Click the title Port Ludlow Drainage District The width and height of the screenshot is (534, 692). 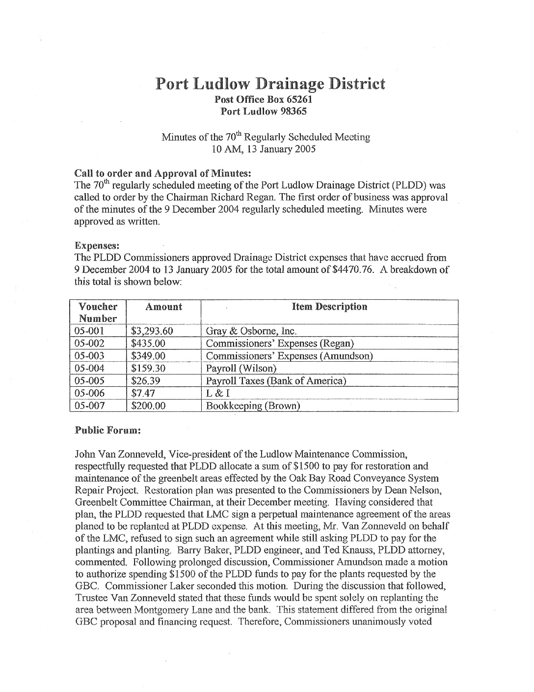coord(270,84)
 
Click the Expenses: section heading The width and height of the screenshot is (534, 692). coord(94,245)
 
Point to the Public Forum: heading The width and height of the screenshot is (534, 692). coord(107,430)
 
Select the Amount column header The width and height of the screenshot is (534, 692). coord(164,307)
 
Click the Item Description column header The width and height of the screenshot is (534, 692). coord(329,307)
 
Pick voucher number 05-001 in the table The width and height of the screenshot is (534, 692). coord(89,331)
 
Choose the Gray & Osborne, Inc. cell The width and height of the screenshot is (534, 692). coord(251,331)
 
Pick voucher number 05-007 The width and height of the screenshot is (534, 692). coord(89,406)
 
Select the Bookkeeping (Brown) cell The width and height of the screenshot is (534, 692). coord(253,406)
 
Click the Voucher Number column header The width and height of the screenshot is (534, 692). coord(98,313)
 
